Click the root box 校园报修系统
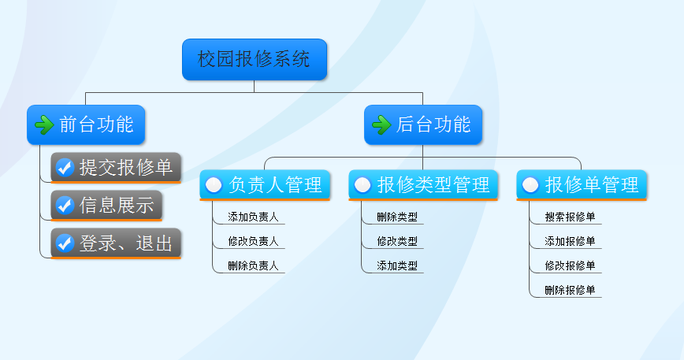click(255, 59)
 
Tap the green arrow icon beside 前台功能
click(44, 124)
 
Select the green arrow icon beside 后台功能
click(381, 124)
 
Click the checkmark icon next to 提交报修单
click(65, 167)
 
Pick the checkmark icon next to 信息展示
click(65, 206)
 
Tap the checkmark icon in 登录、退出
click(65, 243)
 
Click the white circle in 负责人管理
click(214, 185)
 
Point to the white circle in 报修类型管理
click(362, 185)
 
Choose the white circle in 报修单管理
click(530, 185)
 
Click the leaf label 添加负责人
click(253, 217)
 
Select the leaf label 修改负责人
click(253, 241)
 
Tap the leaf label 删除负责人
click(253, 265)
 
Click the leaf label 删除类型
click(397, 217)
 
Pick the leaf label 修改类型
click(397, 241)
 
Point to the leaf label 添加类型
click(397, 265)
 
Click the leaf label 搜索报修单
click(570, 217)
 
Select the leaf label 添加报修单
click(570, 241)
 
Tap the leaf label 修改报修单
click(570, 265)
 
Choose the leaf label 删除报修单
click(570, 290)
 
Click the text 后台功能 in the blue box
click(433, 124)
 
